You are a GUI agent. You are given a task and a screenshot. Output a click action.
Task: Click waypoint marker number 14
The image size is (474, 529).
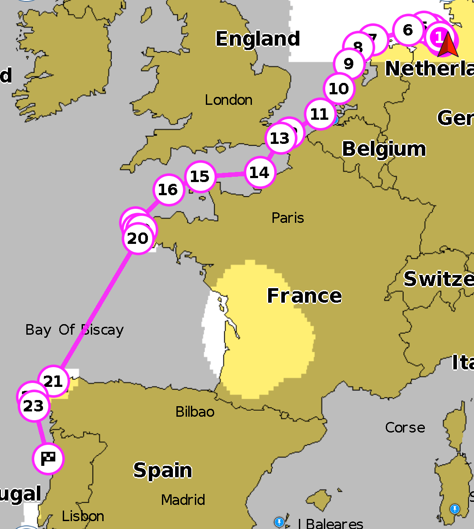tap(259, 173)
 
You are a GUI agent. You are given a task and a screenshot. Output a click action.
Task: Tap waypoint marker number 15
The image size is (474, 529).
tap(200, 176)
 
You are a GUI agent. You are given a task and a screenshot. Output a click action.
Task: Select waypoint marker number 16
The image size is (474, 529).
tap(168, 190)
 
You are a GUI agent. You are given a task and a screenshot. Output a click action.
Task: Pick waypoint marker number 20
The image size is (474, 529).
tap(138, 239)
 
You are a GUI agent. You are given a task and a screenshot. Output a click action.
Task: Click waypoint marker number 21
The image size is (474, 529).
tap(54, 381)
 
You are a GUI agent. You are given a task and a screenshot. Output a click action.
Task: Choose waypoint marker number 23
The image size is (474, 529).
tap(34, 406)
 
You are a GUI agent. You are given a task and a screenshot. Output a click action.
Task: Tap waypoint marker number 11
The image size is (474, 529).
tap(320, 114)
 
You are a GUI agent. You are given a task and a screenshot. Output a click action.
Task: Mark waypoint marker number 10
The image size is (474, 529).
tap(339, 89)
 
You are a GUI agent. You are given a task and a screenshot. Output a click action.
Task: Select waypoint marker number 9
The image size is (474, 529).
tap(349, 64)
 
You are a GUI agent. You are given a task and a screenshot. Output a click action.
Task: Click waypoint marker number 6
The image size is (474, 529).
tap(408, 30)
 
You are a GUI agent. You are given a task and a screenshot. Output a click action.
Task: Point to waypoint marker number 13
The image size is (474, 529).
tap(280, 139)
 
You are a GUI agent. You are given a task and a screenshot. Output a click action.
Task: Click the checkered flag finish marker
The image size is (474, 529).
tap(48, 459)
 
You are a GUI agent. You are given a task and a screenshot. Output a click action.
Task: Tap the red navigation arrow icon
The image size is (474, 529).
tap(448, 46)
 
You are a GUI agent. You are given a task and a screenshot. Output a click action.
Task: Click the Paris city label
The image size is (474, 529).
tap(287, 218)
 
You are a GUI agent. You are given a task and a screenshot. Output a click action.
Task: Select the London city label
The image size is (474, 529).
tap(229, 100)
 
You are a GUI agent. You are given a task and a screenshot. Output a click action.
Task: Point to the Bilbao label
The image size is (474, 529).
tap(195, 412)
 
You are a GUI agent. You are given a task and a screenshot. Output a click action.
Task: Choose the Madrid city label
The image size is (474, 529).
tap(183, 500)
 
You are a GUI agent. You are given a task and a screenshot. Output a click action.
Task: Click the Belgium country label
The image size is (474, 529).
tap(384, 149)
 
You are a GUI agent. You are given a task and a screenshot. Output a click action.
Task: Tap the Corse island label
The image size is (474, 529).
tap(405, 428)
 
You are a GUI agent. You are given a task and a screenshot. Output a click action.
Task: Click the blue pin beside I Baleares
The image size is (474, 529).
tap(279, 522)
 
